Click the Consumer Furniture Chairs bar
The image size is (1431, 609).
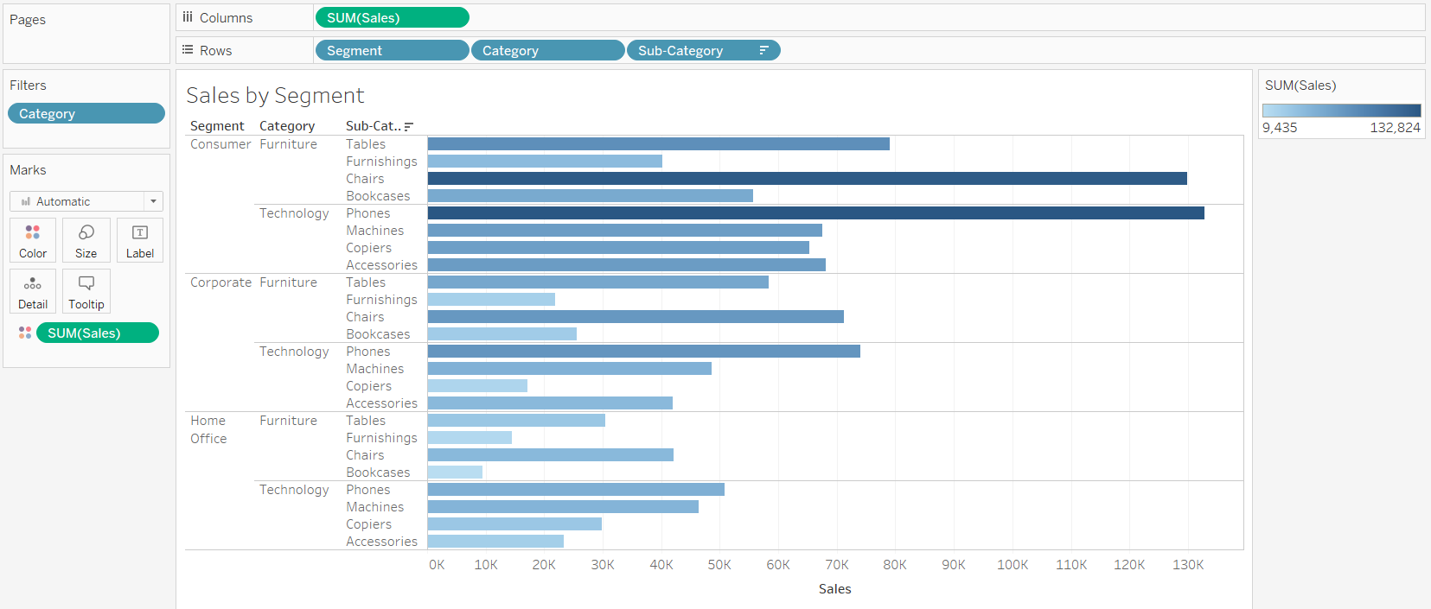pyautogui.click(x=807, y=179)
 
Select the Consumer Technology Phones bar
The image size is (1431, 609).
pyautogui.click(x=815, y=213)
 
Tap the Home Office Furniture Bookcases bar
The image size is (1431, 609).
pyautogui.click(x=455, y=473)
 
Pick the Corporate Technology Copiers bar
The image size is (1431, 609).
pyautogui.click(x=477, y=386)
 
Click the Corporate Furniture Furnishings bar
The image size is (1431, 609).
pyautogui.click(x=491, y=300)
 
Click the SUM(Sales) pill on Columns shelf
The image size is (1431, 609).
pyautogui.click(x=392, y=18)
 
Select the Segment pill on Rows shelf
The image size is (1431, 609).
pyautogui.click(x=392, y=51)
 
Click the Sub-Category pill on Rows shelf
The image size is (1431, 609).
pyautogui.click(x=702, y=51)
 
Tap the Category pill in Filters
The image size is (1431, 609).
pyautogui.click(x=86, y=114)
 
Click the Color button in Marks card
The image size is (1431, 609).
pyautogui.click(x=33, y=240)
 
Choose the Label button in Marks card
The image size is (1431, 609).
pyautogui.click(x=139, y=240)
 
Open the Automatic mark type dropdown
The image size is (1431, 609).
pyautogui.click(x=86, y=201)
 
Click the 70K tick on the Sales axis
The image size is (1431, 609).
pyautogui.click(x=836, y=565)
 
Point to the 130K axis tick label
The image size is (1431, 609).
pyautogui.click(x=1187, y=565)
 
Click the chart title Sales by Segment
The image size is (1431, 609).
pyautogui.click(x=275, y=95)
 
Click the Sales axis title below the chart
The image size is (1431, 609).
pyautogui.click(x=834, y=589)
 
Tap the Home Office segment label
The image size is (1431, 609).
pyautogui.click(x=208, y=429)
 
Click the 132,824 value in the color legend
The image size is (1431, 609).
pyautogui.click(x=1395, y=128)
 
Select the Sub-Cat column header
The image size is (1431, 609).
pyautogui.click(x=374, y=126)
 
